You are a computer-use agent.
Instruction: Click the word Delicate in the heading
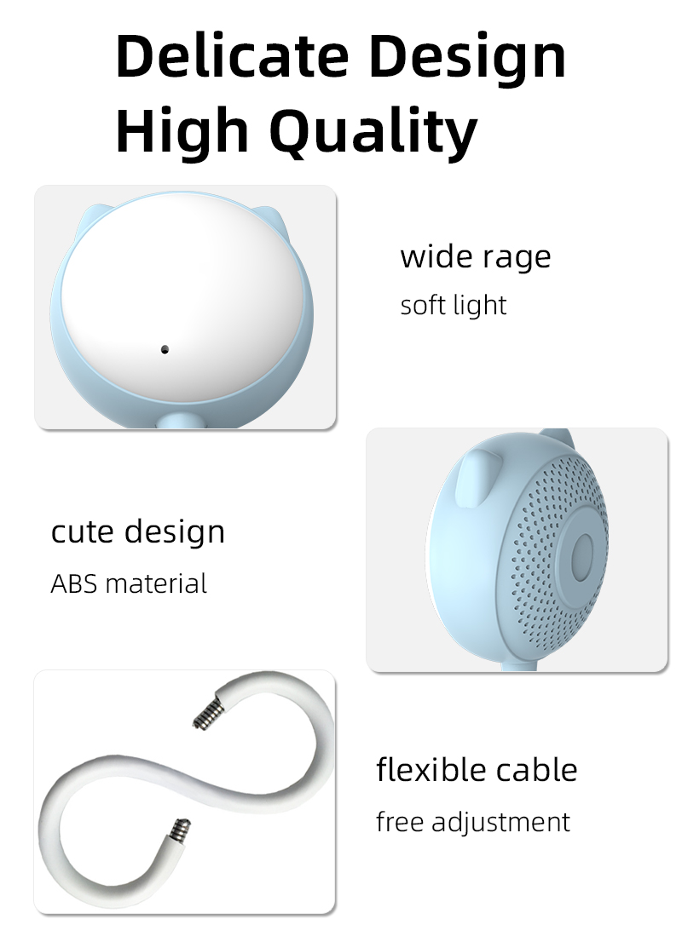232,56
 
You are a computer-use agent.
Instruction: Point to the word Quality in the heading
373,135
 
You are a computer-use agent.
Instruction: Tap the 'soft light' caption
454,305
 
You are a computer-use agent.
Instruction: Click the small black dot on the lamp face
165,349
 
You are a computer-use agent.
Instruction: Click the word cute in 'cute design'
84,531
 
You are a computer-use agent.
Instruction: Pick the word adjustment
500,823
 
